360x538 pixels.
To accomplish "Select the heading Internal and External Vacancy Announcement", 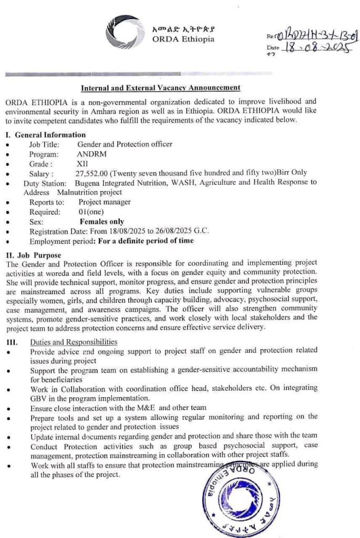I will coord(161,88).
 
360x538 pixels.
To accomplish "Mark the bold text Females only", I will coord(106,222).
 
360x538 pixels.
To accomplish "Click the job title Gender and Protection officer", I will coord(125,144).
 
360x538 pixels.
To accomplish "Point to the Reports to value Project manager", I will coord(105,202).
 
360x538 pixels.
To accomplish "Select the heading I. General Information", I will coord(45,134).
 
